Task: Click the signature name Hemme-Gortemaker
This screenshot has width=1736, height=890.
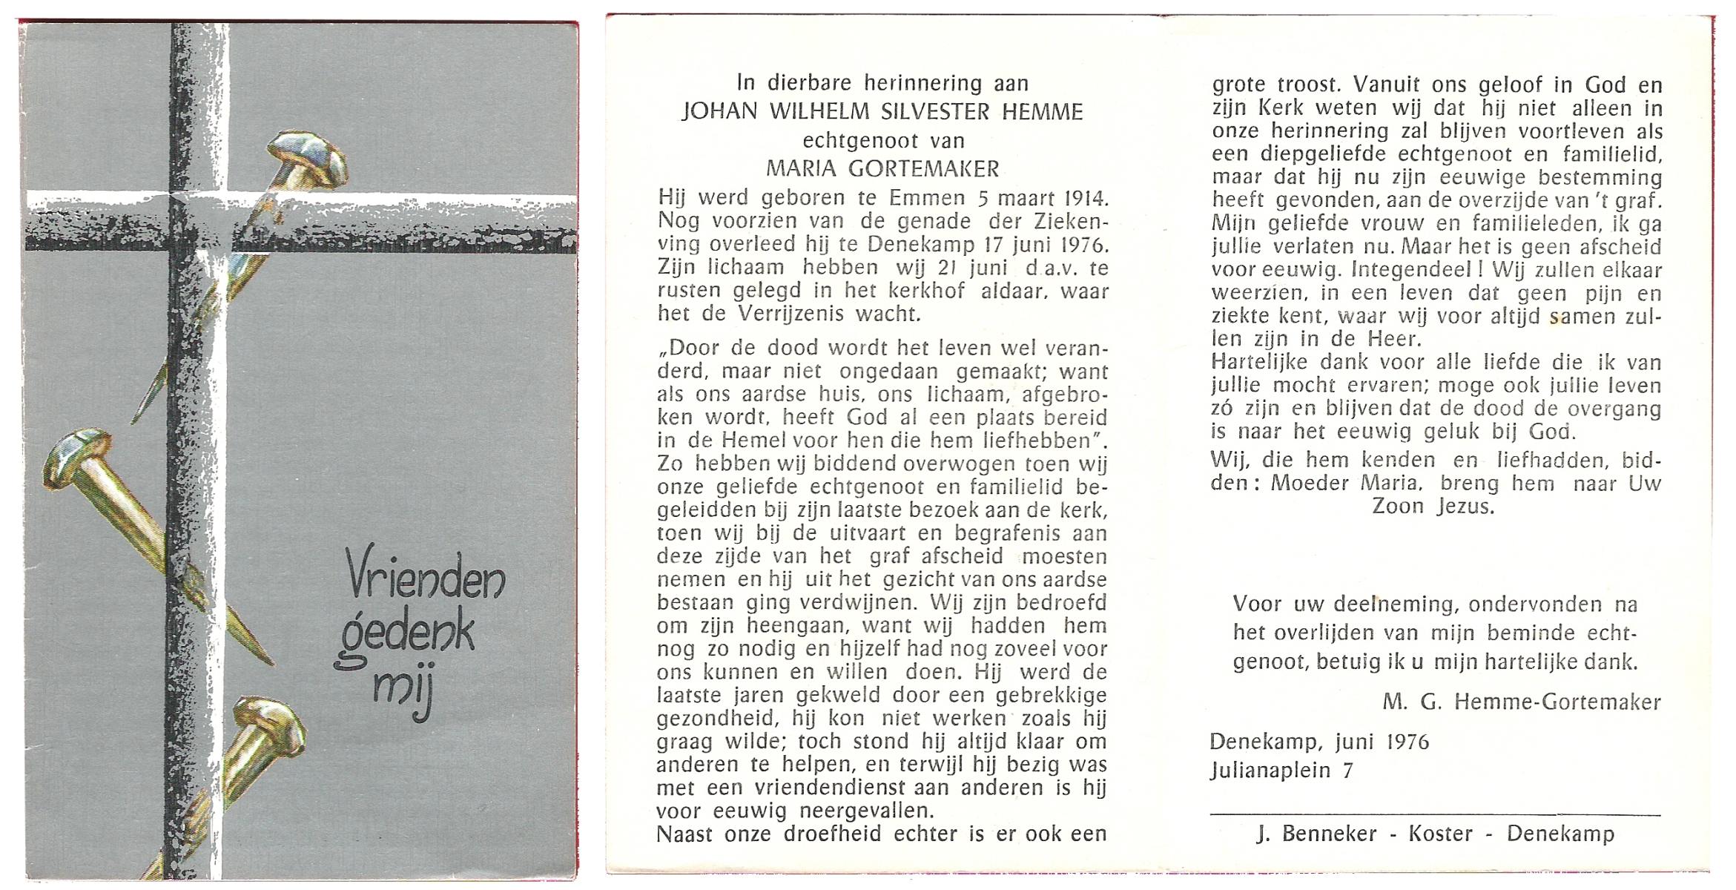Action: coord(1557,702)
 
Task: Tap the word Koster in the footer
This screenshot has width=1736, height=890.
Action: coord(1440,834)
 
